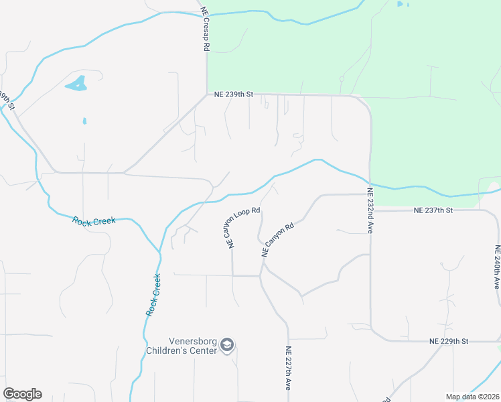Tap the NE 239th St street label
pos(233,95)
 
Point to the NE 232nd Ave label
pos(370,210)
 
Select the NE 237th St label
pos(433,210)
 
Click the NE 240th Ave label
pos(497,267)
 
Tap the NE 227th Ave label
pos(288,368)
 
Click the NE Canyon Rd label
pos(278,241)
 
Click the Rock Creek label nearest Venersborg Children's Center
pos(153,295)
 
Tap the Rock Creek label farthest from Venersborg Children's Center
pos(94,220)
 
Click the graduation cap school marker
pos(227,345)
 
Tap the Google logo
pos(22,394)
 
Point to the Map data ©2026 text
pos(472,397)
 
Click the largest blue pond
pos(76,84)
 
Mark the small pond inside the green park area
pos(401,4)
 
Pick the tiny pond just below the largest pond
pos(84,121)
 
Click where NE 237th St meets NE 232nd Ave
pos(370,210)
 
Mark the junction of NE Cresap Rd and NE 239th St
pos(207,95)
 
